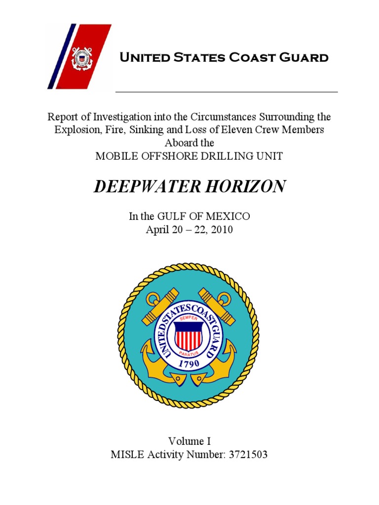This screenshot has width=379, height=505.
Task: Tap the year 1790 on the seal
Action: tap(189, 363)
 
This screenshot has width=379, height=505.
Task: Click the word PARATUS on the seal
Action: tap(189, 353)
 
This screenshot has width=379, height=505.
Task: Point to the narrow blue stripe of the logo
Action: tap(62, 57)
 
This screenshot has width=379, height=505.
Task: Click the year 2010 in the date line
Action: tap(222, 229)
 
